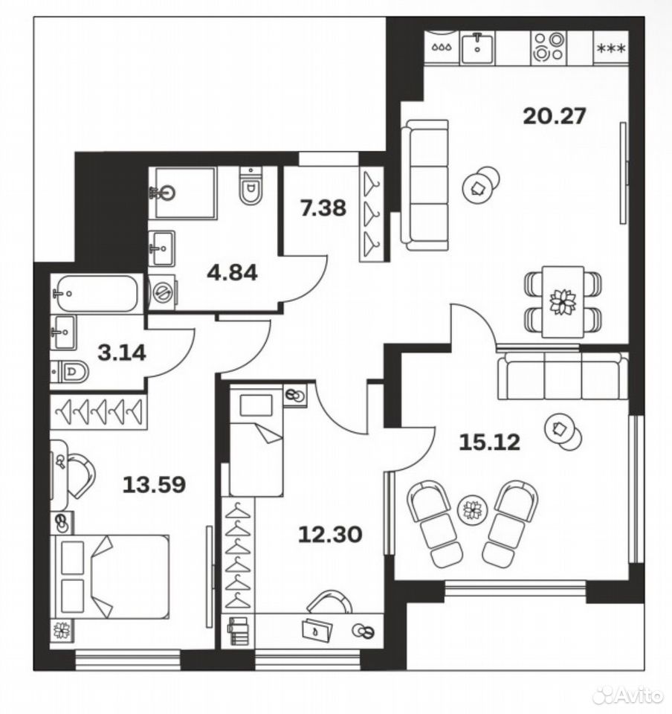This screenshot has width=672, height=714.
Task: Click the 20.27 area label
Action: tap(554, 116)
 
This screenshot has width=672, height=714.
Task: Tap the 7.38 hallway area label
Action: tap(323, 208)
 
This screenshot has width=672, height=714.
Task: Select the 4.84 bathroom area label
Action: tap(232, 272)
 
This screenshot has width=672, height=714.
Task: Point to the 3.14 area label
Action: tap(122, 353)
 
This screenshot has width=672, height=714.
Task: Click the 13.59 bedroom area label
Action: tap(154, 484)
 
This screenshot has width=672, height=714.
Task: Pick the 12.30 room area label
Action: tap(330, 534)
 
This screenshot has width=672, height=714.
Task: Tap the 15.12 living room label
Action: tap(490, 442)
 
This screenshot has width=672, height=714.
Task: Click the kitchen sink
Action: tap(477, 48)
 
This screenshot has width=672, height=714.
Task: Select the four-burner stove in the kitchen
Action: tap(548, 47)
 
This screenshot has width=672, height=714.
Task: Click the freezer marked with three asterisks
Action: tap(611, 48)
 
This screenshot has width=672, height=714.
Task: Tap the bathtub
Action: tap(94, 293)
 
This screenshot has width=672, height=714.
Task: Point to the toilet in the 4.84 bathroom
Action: tap(251, 185)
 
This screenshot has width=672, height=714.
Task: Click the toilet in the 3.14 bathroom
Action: tap(70, 372)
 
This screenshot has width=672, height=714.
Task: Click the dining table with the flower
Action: tap(563, 302)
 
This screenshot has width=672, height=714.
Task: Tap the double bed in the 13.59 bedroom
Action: tap(110, 577)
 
